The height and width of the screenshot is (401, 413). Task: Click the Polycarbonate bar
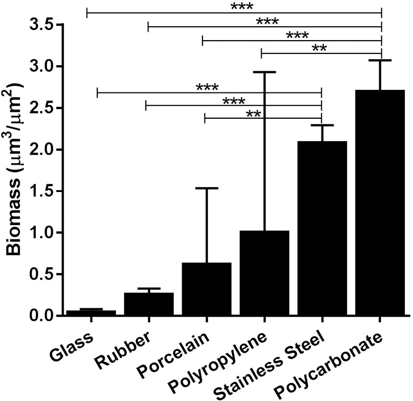point(380,203)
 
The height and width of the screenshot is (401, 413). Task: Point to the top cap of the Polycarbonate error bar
point(380,60)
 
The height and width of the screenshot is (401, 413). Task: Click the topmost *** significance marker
point(242,7)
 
